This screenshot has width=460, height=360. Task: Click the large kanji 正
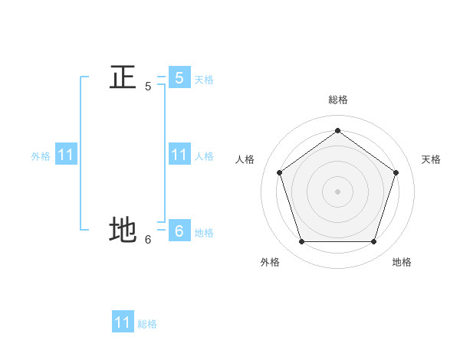[x=123, y=77]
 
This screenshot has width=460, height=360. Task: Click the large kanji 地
[x=123, y=230]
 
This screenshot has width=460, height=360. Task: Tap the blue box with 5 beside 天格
[x=179, y=77]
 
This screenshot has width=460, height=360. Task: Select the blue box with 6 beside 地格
[x=179, y=231]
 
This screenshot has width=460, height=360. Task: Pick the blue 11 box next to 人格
[x=179, y=155]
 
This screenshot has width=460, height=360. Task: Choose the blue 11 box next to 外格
[x=65, y=155]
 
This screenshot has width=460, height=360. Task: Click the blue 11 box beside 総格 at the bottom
[x=123, y=322]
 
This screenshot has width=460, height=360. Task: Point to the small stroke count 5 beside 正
[x=148, y=87]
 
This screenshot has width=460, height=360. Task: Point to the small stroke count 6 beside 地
[x=148, y=239]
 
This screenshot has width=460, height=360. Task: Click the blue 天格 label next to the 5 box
[x=204, y=80]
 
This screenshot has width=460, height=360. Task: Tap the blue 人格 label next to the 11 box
[x=204, y=156]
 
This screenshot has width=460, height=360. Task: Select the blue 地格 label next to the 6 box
[x=204, y=233]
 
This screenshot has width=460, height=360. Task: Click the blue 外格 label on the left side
[x=41, y=156]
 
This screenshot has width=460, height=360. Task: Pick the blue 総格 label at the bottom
[x=147, y=324]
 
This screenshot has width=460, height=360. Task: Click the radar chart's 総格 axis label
[x=338, y=100]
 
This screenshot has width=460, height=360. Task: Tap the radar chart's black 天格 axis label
[x=432, y=159]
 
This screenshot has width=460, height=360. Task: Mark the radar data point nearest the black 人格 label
[x=279, y=172]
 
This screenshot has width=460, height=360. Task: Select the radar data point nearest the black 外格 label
[x=301, y=242]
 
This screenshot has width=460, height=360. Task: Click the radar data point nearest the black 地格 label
[x=374, y=242]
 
